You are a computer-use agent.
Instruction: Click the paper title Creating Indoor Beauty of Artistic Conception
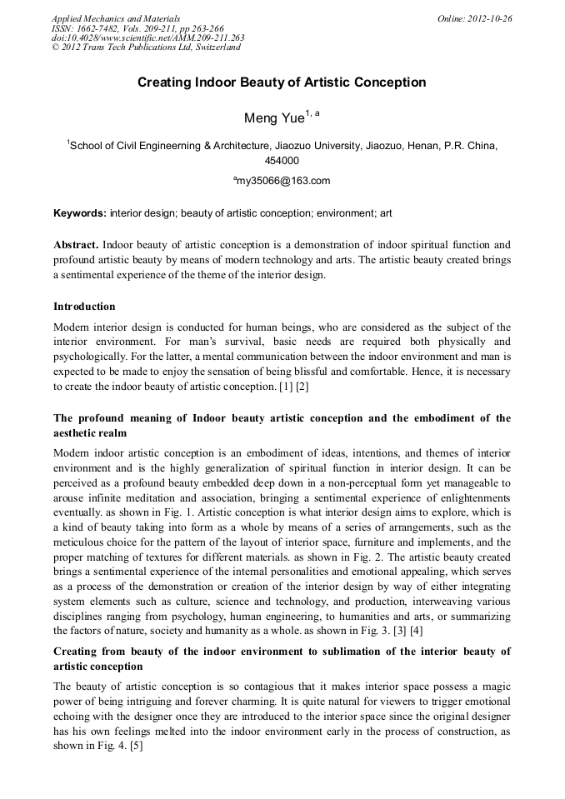coord(282,82)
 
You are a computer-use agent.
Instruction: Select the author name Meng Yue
coord(274,118)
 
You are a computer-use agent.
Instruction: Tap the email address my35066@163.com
coord(284,180)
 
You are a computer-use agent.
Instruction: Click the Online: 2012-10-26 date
coord(474,17)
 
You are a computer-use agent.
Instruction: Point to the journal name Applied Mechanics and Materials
coord(116,17)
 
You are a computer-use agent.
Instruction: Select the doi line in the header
coord(147,37)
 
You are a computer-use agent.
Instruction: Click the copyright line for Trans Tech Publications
coord(146,47)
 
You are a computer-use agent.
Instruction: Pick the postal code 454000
coord(282,161)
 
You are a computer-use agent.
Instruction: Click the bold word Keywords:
coord(80,213)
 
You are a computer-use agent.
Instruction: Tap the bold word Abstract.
coord(76,245)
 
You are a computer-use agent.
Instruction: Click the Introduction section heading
coord(84,307)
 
